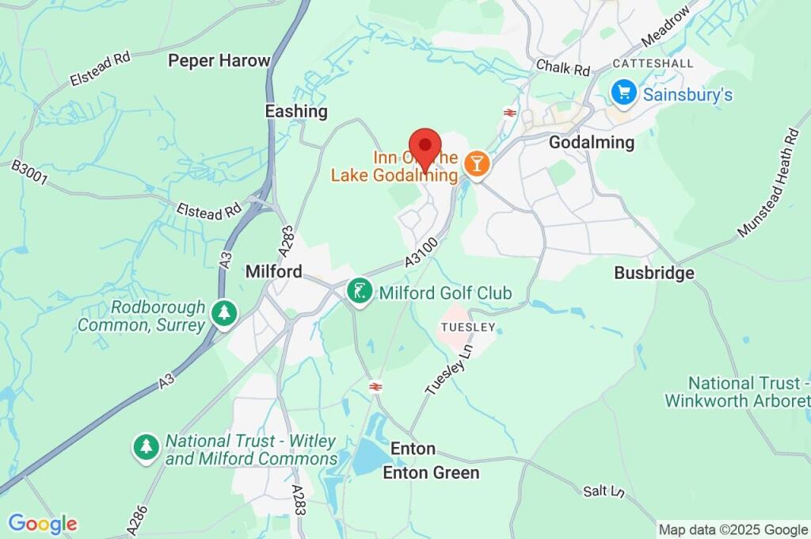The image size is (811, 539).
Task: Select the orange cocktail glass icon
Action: click(x=478, y=164)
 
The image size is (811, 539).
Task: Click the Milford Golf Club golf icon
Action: click(x=360, y=292)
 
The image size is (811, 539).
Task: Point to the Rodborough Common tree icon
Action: click(x=225, y=315)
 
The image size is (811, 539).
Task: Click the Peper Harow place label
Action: click(x=219, y=60)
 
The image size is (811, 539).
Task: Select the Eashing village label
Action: click(x=296, y=111)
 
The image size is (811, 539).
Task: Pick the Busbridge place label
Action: click(x=654, y=273)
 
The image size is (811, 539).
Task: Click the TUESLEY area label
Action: click(x=469, y=327)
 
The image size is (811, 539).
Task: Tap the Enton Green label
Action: click(x=431, y=473)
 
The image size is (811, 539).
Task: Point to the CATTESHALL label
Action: click(x=653, y=63)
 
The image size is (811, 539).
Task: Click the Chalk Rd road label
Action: click(x=563, y=67)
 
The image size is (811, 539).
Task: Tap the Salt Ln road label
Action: click(x=604, y=492)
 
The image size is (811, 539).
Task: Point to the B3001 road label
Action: click(x=29, y=175)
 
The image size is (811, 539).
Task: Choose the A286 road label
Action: click(x=135, y=518)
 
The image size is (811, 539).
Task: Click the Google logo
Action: click(x=42, y=523)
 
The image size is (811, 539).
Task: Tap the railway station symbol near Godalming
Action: click(x=510, y=113)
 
